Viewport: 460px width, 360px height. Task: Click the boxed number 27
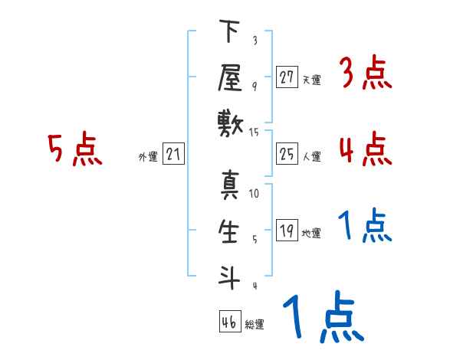click(x=287, y=77)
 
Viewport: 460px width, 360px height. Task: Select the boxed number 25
click(x=287, y=155)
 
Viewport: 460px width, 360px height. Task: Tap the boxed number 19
click(x=287, y=231)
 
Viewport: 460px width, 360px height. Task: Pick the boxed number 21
click(x=173, y=155)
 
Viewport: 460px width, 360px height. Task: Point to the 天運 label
click(x=311, y=80)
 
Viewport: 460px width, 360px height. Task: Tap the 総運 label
click(x=255, y=325)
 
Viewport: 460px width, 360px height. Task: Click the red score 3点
click(x=365, y=74)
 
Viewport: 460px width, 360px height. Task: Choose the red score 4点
click(x=365, y=149)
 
